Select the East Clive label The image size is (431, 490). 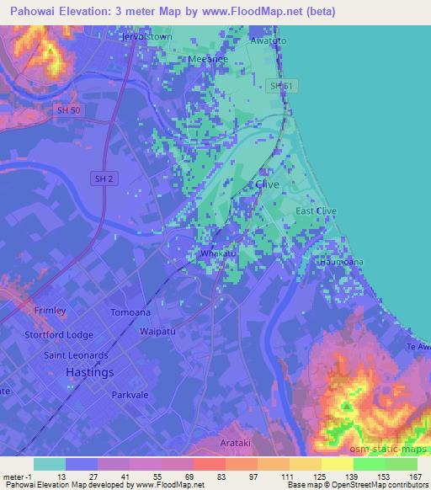tap(317, 211)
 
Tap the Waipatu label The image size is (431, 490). tap(157, 331)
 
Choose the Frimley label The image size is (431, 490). tap(50, 311)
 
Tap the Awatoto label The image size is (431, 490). tap(269, 40)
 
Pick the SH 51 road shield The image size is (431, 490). tap(274, 85)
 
